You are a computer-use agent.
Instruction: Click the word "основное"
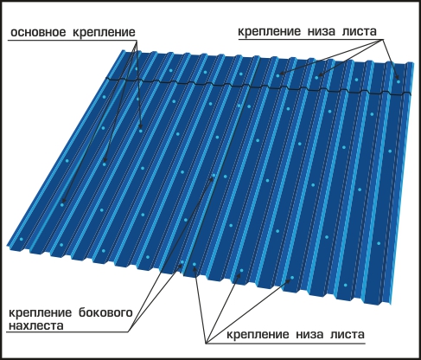38,32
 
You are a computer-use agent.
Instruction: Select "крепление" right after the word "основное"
104,33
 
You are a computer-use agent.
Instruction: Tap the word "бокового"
105,312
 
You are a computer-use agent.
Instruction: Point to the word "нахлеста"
36,325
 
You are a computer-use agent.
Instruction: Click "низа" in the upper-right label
322,31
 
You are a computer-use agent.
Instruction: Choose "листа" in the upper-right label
360,31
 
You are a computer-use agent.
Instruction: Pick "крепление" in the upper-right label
270,32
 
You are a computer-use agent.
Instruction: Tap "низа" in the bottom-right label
309,335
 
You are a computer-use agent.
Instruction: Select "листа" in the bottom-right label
348,335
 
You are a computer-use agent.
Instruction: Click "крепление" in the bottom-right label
258,335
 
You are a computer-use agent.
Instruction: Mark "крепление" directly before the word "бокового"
40,313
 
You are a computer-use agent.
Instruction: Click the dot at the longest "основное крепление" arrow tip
62,204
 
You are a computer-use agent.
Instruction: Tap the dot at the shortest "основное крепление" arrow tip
141,131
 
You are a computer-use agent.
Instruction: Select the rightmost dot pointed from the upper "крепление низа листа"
399,81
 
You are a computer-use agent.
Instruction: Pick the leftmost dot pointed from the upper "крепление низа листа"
278,75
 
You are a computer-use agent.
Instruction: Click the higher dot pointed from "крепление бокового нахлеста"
214,175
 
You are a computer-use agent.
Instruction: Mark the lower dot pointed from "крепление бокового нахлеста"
182,262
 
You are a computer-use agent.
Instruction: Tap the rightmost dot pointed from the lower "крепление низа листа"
292,278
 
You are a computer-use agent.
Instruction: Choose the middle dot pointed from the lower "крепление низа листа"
241,270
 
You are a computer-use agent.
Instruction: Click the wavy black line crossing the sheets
258,86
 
